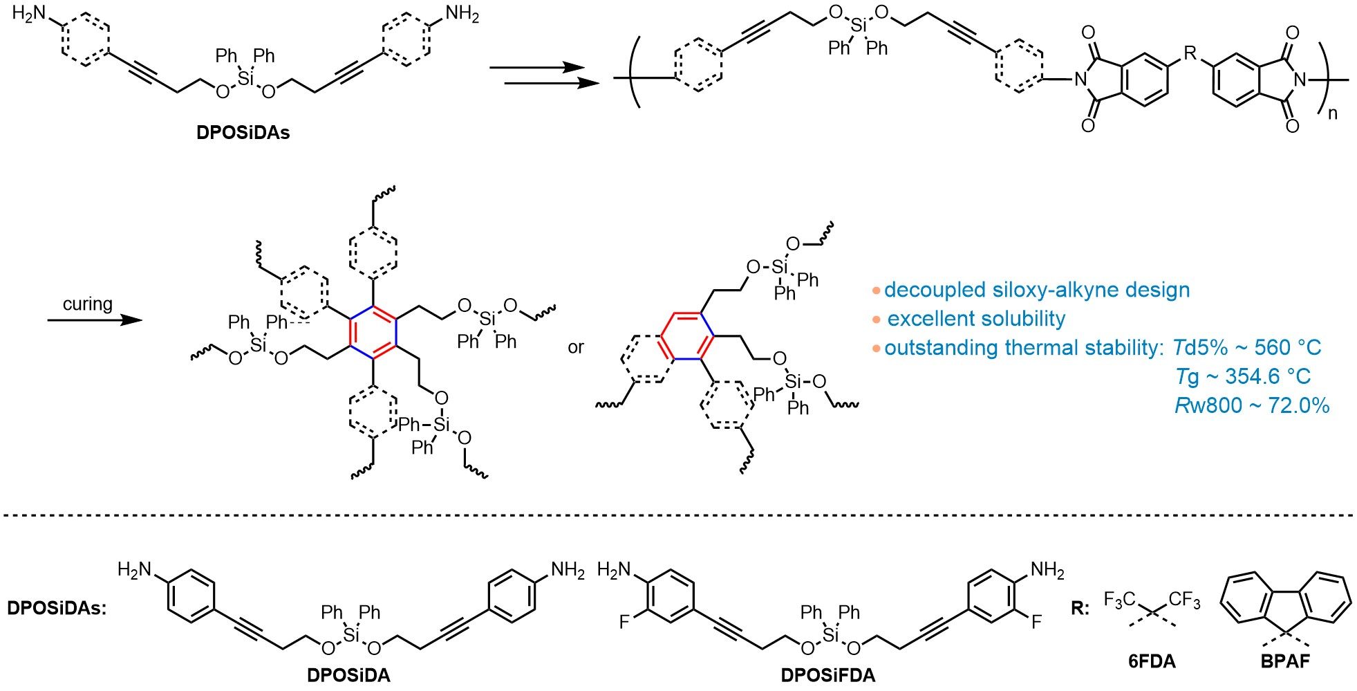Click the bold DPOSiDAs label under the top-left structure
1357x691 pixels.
pos(243,132)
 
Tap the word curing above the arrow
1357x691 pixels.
pos(87,304)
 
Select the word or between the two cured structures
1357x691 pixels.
pos(576,347)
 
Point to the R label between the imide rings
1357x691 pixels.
pos(1190,53)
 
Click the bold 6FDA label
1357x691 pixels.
pos(1152,661)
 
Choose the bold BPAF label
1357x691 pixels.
pos(1285,661)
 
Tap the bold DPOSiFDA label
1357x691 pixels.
pos(827,675)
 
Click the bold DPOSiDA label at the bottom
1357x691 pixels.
pos(348,675)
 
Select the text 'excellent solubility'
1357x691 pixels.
pos(976,319)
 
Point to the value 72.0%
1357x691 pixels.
pos(1299,405)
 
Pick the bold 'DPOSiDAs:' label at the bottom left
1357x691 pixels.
pos(57,608)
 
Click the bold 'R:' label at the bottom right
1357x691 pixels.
pos(1080,608)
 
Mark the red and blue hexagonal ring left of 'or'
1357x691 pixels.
pos(373,332)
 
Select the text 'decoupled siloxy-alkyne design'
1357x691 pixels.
pos(1037,290)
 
